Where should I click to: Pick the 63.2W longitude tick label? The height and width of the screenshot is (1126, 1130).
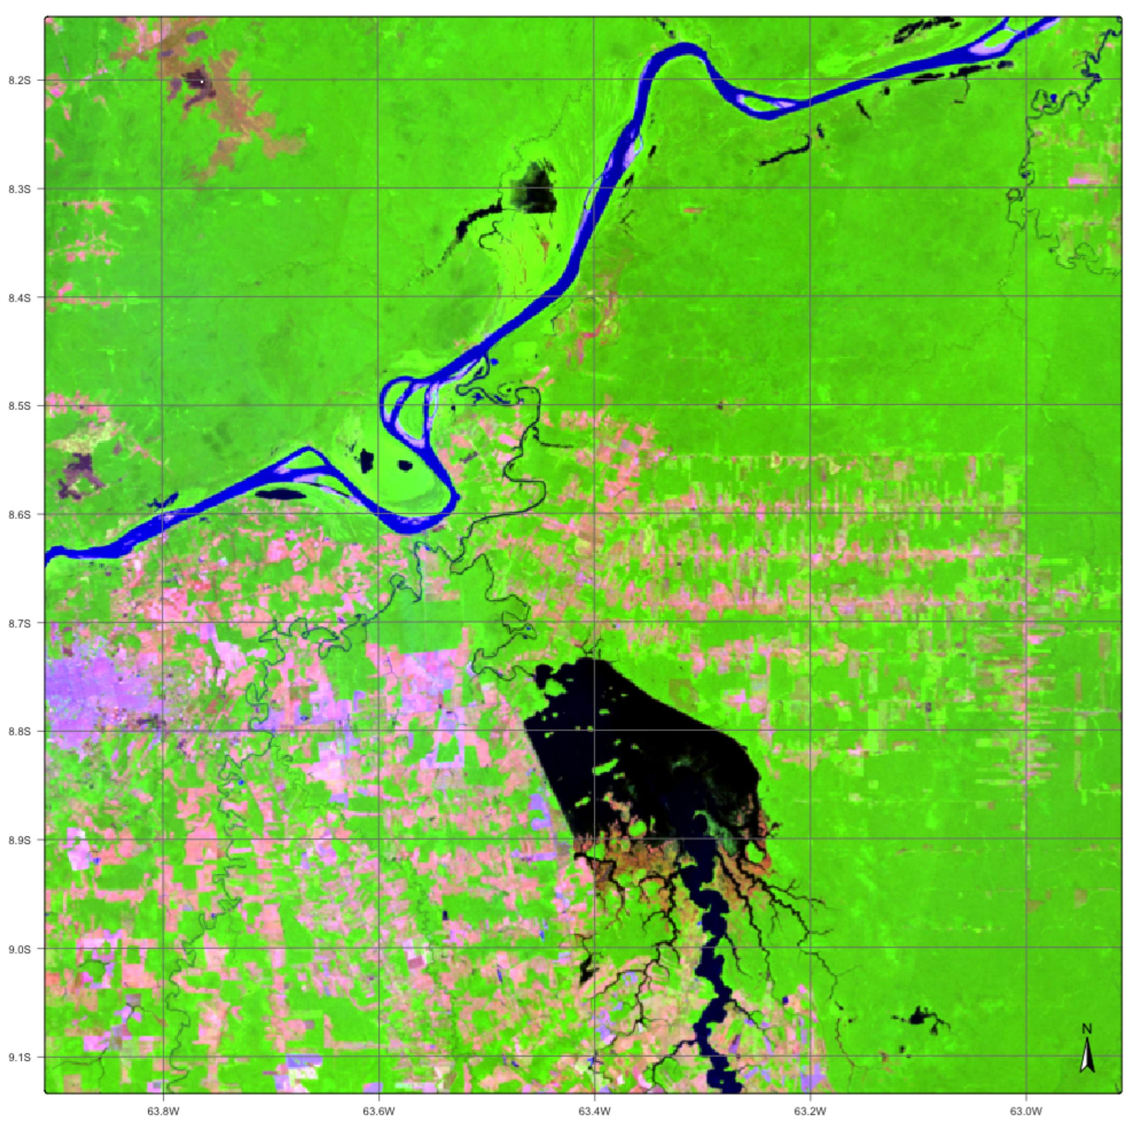pyautogui.click(x=810, y=1111)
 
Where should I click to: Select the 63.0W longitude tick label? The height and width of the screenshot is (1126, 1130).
pyautogui.click(x=1026, y=1111)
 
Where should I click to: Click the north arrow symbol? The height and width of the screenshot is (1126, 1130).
pyautogui.click(x=1087, y=1055)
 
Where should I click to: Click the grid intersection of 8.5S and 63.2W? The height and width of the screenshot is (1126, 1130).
pyautogui.click(x=810, y=406)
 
